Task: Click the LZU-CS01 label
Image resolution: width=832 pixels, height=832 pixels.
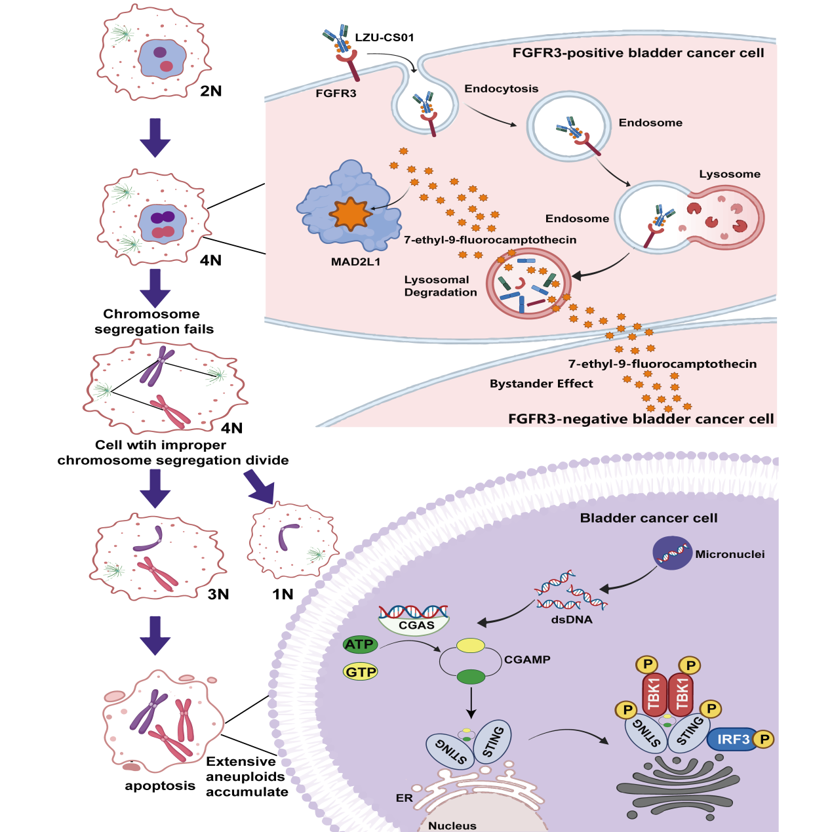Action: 384,37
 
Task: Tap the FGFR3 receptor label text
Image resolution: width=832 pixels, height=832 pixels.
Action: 336,93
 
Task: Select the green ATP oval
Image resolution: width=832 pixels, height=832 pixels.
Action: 360,644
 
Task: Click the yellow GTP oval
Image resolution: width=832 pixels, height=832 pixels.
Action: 361,672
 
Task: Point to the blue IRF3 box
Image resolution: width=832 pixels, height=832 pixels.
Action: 733,740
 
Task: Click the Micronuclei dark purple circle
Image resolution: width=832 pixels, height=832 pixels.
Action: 673,553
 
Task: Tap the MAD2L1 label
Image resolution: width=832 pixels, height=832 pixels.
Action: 355,262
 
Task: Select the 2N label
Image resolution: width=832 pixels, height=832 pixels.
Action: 211,91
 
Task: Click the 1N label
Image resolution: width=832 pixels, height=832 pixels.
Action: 283,594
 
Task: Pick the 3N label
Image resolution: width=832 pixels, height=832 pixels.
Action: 218,594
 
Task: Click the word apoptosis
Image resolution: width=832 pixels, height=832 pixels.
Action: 160,785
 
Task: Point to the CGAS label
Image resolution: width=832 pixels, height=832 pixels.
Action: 416,625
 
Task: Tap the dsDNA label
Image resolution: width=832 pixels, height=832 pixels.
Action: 572,619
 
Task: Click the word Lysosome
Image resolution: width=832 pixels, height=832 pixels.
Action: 730,174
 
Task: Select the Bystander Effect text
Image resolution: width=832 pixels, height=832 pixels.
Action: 541,384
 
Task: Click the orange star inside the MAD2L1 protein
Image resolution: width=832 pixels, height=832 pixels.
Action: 350,214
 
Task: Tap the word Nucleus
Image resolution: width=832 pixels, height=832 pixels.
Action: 452,825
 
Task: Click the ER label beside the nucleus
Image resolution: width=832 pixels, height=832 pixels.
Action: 405,798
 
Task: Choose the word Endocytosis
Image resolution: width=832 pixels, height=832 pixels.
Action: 501,89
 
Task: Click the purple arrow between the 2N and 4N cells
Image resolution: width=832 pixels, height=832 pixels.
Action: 155,138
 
